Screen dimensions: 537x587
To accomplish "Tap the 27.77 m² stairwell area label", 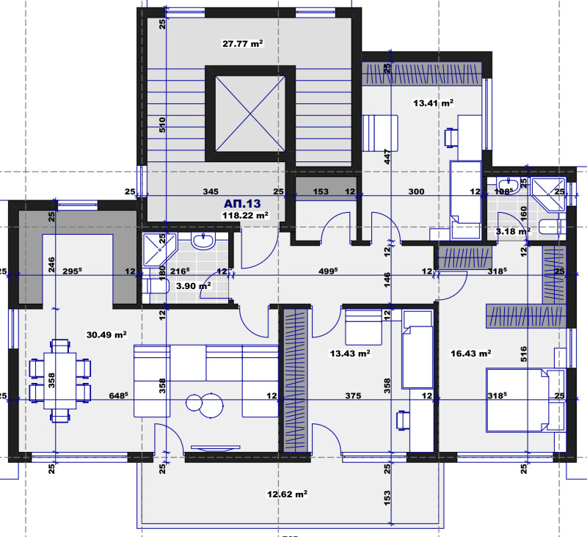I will coord(242,44).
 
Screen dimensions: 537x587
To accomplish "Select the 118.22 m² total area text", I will coord(245,216).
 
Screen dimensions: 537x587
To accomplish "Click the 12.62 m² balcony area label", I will coord(285,494).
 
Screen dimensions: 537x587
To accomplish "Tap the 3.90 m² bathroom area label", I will coord(194,285).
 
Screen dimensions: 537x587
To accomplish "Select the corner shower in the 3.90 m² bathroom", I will coord(157,250).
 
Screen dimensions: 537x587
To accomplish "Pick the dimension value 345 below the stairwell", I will coord(211,191).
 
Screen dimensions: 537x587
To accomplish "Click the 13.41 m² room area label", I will coord(433,103).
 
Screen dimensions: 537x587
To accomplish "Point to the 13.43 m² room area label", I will coord(349,353).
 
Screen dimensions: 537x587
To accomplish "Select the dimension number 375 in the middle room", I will coord(353,396).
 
